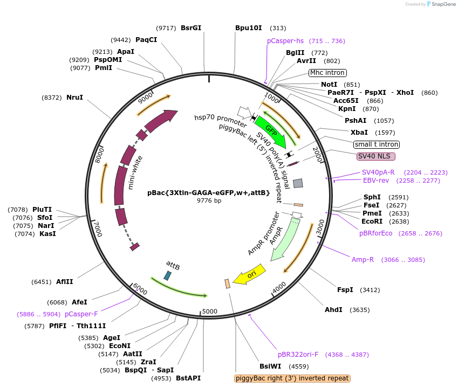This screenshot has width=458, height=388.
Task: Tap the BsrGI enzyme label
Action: coord(191,28)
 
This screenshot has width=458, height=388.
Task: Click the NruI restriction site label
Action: coord(75,98)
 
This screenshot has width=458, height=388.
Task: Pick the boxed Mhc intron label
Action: coord(327,73)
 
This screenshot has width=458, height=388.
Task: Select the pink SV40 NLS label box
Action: coord(376,156)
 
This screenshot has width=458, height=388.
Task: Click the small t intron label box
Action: coord(377,144)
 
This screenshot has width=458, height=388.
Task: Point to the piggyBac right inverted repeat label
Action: coord(292,378)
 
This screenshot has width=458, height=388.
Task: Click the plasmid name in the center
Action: coord(208,192)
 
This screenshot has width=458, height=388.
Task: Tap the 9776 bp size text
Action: coord(209,201)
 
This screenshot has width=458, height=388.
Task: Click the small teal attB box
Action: coord(168,275)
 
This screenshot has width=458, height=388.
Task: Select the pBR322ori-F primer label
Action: coord(298,355)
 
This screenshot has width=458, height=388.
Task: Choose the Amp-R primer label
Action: coord(363,260)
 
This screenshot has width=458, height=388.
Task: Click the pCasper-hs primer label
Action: coord(285,41)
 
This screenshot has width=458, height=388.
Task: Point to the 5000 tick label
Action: coord(209,311)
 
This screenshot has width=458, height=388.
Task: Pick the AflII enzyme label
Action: coord(65,282)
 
